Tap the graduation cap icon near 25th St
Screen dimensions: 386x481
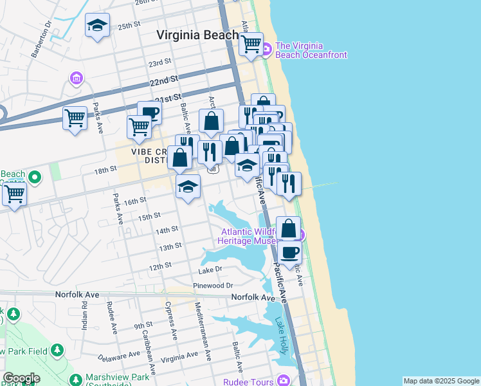[97, 26]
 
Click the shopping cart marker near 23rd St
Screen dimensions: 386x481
[251, 44]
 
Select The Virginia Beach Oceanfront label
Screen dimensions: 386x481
[311, 51]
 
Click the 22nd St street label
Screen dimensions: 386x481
[163, 81]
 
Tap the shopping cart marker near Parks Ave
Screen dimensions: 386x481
[75, 118]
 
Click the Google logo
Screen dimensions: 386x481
[21, 378]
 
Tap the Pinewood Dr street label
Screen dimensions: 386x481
[213, 285]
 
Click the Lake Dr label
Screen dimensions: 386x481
[211, 269]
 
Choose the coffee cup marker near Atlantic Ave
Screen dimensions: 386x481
[289, 252]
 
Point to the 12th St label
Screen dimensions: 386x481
[160, 266]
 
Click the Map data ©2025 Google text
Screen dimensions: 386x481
[441, 381]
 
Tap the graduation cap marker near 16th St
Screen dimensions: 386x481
[188, 187]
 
